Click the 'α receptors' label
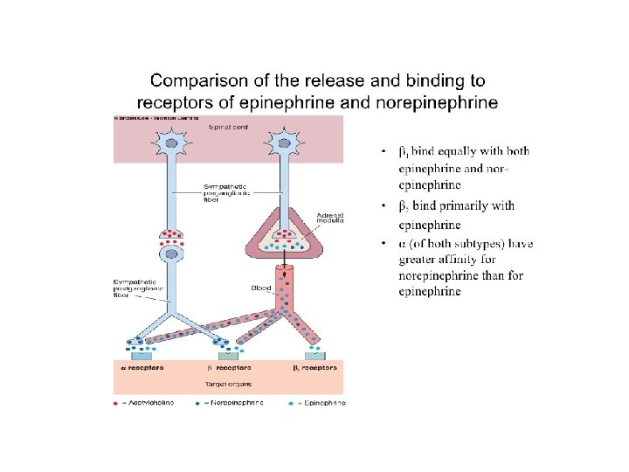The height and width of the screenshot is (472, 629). [x=142, y=368]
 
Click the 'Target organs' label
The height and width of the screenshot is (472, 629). [x=228, y=382]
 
